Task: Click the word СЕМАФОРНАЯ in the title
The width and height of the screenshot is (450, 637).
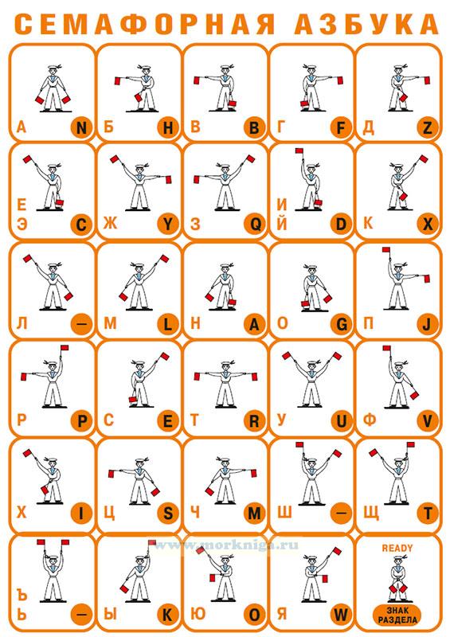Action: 145,24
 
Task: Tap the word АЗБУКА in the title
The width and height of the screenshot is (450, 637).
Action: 366,24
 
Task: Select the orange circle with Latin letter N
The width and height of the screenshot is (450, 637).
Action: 81,128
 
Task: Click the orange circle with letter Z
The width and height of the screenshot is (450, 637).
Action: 428,128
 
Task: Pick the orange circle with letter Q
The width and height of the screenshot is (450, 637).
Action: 255,224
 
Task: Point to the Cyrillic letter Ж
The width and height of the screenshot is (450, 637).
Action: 110,224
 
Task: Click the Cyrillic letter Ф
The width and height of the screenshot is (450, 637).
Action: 369,420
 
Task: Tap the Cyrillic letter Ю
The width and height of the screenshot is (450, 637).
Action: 198,614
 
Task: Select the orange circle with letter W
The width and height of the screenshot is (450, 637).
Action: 341,615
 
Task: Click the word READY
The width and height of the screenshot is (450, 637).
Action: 397,548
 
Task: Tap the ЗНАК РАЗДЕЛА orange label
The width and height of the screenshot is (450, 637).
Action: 397,615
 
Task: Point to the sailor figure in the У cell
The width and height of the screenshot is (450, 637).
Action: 311,379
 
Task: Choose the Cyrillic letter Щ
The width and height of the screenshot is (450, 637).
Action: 371,514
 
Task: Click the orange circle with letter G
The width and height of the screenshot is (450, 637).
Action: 341,324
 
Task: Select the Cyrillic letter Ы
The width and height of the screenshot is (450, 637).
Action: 110,614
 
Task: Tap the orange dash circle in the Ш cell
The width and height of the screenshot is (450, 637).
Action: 341,514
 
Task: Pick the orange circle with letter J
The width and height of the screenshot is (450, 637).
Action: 428,324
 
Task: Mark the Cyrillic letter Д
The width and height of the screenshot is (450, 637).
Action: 368,128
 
